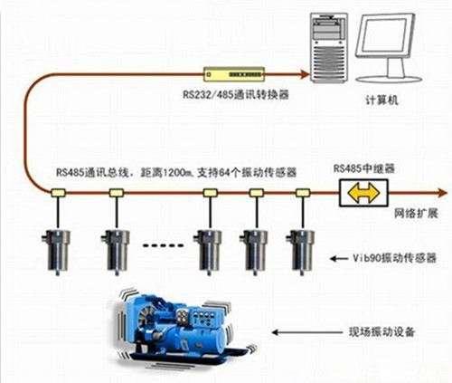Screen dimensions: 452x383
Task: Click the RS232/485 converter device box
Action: pos(234,74)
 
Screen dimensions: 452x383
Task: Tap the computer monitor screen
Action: pos(384,34)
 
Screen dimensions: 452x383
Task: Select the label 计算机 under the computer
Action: pos(381,100)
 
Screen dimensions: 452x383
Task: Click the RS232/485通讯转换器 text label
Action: pos(236,94)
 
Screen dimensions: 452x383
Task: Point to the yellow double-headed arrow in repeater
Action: pos(363,193)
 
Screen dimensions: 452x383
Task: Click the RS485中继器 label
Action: pos(363,168)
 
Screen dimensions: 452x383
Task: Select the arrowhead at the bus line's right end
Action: pos(442,193)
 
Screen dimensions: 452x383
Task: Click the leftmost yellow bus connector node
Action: pos(58,193)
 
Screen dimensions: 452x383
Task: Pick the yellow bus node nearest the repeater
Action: pos(303,193)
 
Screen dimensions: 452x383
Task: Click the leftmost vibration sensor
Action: pos(56,252)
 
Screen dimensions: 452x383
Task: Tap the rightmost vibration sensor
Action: pos(300,252)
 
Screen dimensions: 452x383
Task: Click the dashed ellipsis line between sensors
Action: pos(163,245)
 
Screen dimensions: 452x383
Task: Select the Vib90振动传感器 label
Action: pos(394,258)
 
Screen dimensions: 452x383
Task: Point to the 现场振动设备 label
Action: pos(381,331)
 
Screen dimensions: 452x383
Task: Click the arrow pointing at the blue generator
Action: pos(307,332)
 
